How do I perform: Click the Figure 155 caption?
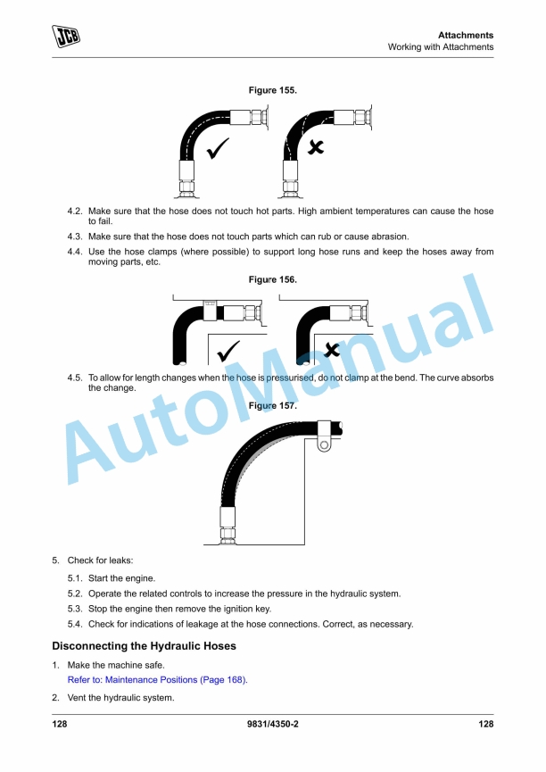(272, 90)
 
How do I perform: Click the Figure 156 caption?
(272, 279)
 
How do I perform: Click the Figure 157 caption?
(272, 406)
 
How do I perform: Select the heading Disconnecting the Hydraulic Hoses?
(144, 645)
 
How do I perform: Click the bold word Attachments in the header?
(466, 35)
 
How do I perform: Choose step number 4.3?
(75, 237)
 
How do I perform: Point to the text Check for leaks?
(100, 560)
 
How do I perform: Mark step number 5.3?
(75, 609)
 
